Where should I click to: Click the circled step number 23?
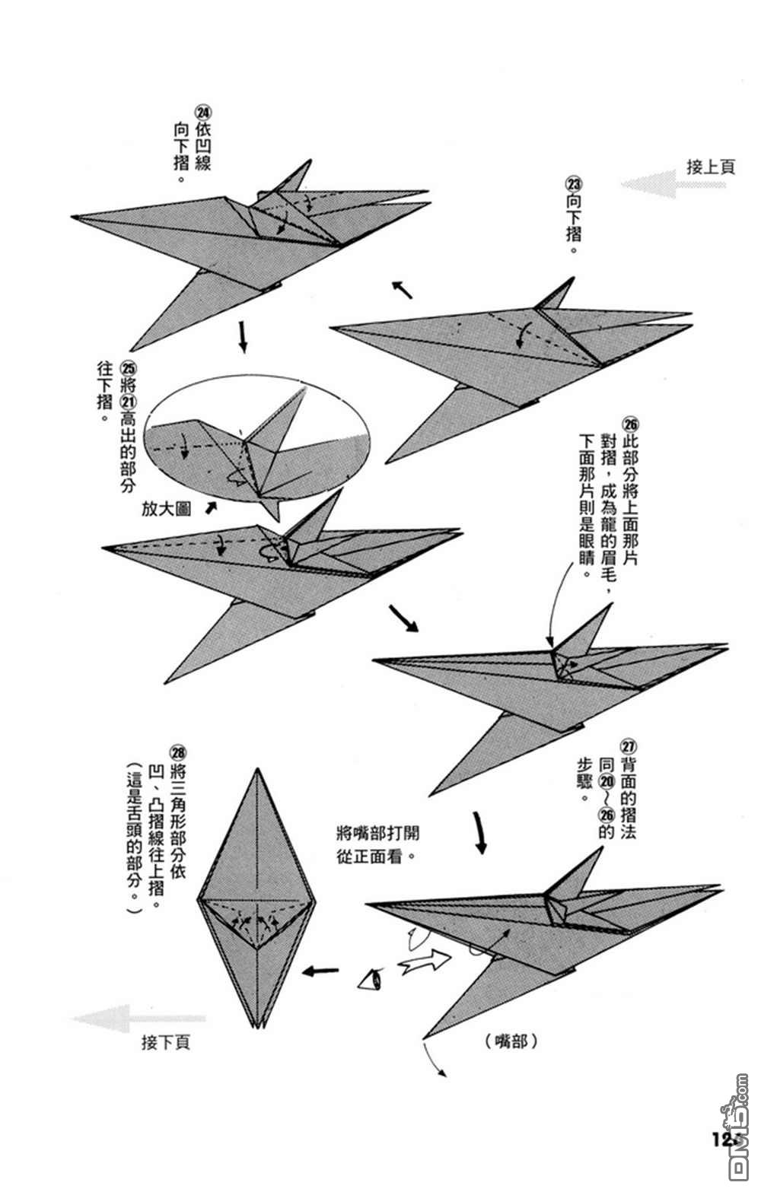(x=573, y=183)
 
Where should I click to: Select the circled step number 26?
(x=630, y=424)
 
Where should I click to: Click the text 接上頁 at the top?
(x=711, y=167)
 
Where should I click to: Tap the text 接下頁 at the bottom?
(x=165, y=1041)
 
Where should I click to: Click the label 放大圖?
(x=166, y=508)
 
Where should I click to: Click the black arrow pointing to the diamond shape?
(x=321, y=971)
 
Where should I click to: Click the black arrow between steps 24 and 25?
(x=243, y=337)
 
